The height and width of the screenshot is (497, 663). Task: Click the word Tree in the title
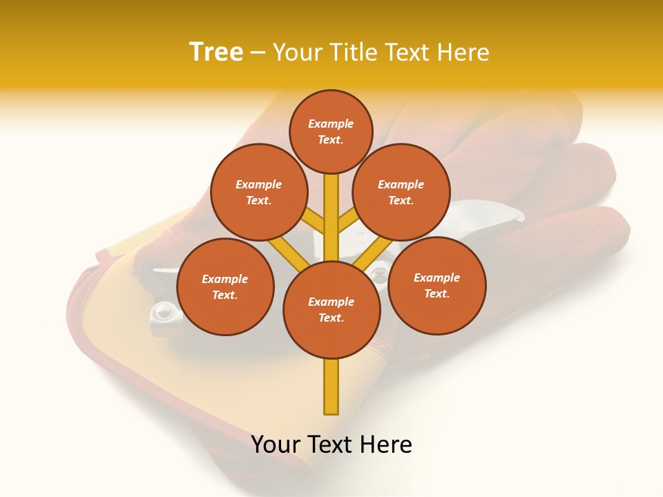pos(216,52)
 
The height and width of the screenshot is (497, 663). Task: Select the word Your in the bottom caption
pos(277,445)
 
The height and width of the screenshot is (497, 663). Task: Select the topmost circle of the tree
pos(331,131)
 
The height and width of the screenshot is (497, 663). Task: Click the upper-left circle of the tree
pos(258,192)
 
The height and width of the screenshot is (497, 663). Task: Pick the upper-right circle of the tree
pos(401,192)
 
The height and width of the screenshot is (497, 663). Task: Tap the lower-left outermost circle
pos(225,286)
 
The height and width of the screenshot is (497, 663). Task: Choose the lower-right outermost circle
pos(436,285)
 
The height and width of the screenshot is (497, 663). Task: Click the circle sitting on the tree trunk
pos(331,309)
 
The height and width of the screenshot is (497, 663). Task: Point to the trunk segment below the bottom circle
pos(331,387)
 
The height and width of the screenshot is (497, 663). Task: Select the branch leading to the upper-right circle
pos(348,221)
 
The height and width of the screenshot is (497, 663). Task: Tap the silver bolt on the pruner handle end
pos(163,313)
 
